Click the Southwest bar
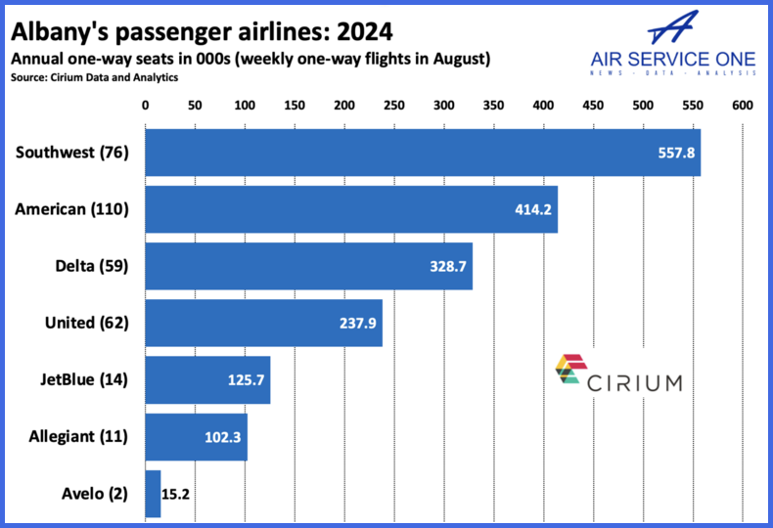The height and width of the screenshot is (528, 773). (x=423, y=152)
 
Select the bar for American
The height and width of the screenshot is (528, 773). (x=351, y=208)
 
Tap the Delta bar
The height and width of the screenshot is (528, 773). (x=309, y=265)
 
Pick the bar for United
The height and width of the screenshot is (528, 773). (x=264, y=322)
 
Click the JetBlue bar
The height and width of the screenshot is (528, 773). (x=207, y=379)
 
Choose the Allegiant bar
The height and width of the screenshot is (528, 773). (x=196, y=436)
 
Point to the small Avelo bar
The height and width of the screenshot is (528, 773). (x=153, y=494)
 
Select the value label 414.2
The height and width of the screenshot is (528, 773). (x=534, y=209)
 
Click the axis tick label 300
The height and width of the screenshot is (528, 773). (x=443, y=105)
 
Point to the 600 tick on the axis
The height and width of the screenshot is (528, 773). (x=742, y=105)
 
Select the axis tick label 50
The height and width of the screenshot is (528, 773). (x=195, y=105)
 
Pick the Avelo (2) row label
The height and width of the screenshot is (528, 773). (x=98, y=494)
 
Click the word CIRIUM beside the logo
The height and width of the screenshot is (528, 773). (x=635, y=381)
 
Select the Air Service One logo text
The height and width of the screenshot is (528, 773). (x=674, y=58)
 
